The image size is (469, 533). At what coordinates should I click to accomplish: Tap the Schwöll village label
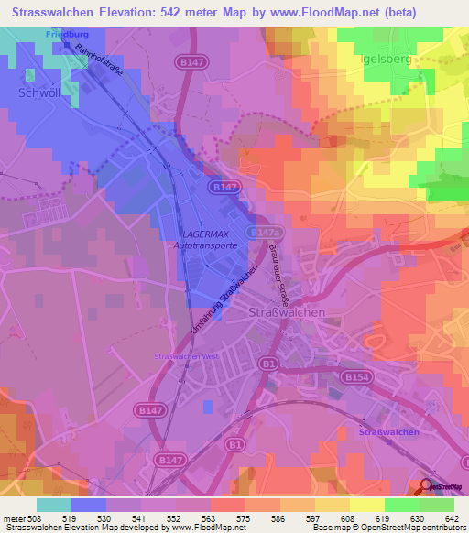click(39, 92)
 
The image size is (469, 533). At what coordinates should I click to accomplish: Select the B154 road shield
click(355, 375)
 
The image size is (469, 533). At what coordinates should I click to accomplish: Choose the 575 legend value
click(242, 517)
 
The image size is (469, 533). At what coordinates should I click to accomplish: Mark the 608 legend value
click(346, 517)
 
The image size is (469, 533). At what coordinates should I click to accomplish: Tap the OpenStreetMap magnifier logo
click(425, 485)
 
